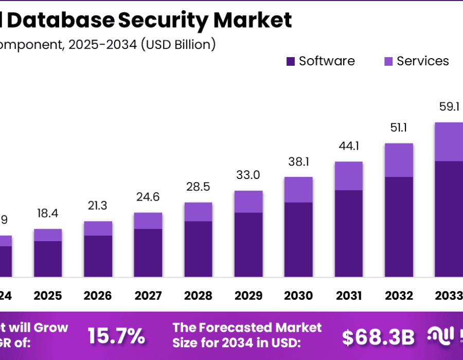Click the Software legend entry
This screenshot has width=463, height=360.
pyautogui.click(x=320, y=61)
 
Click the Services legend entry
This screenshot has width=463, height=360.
pyautogui.click(x=416, y=61)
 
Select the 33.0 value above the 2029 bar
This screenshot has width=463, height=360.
pyautogui.click(x=248, y=175)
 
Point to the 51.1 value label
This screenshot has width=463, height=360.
pyautogui.click(x=399, y=128)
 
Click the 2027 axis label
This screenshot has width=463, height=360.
pyautogui.click(x=148, y=296)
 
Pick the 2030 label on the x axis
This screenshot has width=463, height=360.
pyautogui.click(x=298, y=296)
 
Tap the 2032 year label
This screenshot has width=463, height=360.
pyautogui.click(x=399, y=296)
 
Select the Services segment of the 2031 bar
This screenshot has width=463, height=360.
pyautogui.click(x=348, y=176)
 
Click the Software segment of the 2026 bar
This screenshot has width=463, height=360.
pyautogui.click(x=98, y=256)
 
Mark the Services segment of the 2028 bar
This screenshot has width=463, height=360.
pyautogui.click(x=198, y=212)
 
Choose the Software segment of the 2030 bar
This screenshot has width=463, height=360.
pyautogui.click(x=298, y=239)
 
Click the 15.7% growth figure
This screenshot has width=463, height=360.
pyautogui.click(x=116, y=336)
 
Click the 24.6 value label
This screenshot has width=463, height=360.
pyautogui.click(x=148, y=197)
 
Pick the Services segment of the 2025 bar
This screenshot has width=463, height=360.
pyautogui.click(x=48, y=235)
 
